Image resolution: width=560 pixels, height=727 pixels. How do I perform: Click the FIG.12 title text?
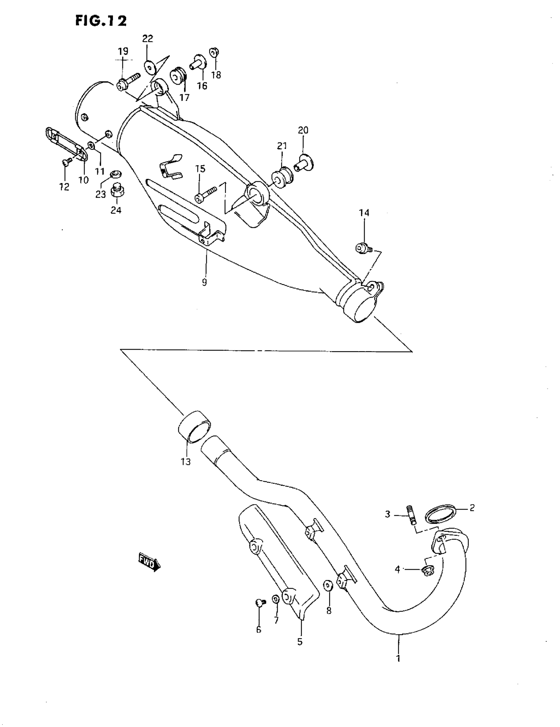[x=101, y=21]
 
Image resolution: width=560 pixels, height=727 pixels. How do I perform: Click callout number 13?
[x=186, y=462]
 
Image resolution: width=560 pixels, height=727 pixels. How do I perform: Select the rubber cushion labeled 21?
[x=282, y=177]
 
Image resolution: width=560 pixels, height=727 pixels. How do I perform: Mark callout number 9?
[x=204, y=282]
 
